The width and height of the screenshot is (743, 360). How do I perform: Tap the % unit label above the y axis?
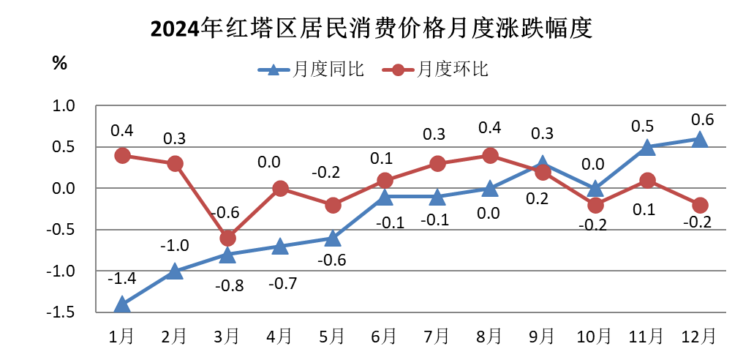pos(59,63)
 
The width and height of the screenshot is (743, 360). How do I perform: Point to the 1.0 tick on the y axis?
pos(65,106)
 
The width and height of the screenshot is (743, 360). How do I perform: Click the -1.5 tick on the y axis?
pos(63,313)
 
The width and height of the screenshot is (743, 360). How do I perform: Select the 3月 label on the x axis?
pos(226,337)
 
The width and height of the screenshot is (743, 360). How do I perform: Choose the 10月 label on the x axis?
pos(594,337)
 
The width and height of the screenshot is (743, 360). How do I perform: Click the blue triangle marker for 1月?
pos(122,304)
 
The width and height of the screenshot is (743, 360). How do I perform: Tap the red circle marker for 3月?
pos(227,239)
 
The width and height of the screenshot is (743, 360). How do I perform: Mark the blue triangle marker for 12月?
pos(699,139)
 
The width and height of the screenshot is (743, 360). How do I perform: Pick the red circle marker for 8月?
pos(490,156)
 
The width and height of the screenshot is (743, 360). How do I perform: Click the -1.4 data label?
pos(121,279)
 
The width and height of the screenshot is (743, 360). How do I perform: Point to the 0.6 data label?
pos(702,119)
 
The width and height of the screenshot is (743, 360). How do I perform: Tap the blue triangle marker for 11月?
pos(646,147)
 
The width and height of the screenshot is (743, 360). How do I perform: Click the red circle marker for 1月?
pos(122,156)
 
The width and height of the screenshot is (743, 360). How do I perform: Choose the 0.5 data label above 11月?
pos(646,127)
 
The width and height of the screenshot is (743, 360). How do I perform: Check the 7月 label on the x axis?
pos(437,337)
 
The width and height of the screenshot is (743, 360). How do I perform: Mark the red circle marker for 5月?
pos(333,206)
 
